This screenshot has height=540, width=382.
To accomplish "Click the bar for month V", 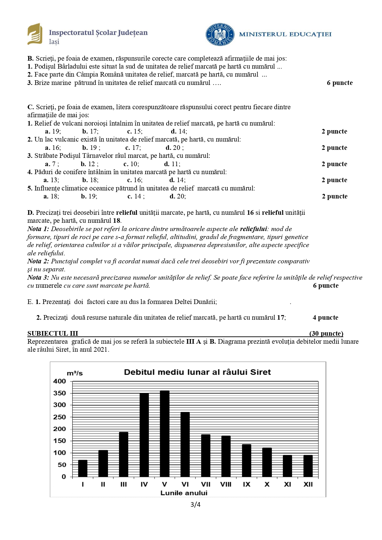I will pos(165,434).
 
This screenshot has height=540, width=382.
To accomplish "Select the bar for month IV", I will pos(144,435).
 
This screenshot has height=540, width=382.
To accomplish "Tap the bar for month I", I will pos(83,468).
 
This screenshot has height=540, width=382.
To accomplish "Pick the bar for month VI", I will pos(185,445).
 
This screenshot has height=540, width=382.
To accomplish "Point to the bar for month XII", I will pos(308,466).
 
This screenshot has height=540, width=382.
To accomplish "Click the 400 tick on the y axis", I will pos(59,381).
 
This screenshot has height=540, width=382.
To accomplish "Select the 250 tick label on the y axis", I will pos(59,417).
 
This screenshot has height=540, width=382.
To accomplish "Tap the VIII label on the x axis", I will pos(226,484).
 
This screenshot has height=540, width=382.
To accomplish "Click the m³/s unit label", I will pos(75,373).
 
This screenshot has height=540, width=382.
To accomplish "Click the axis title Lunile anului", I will pos(184,493).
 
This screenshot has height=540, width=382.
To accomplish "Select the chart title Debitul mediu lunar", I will pos(197,372).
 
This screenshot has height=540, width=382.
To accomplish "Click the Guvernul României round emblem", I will pos(220,34).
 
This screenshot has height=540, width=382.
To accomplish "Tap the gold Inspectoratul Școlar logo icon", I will pos(35,34).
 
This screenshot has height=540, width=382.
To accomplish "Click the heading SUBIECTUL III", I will pos(53,334).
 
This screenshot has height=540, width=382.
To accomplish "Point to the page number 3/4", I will pos(195,504).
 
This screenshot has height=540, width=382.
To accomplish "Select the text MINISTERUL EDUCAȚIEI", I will pos(285,34).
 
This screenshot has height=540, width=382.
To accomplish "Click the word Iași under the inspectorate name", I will pos(54,42).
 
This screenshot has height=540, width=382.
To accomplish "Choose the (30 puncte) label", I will pos(326,334).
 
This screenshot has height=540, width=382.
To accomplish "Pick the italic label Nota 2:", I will pos(38,261).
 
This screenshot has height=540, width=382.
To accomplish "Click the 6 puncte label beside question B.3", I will pos(340,83).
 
